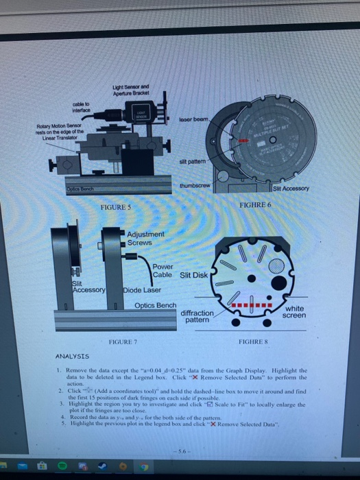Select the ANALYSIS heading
(71, 357)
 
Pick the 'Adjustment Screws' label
(145, 238)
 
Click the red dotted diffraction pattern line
(252, 304)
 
